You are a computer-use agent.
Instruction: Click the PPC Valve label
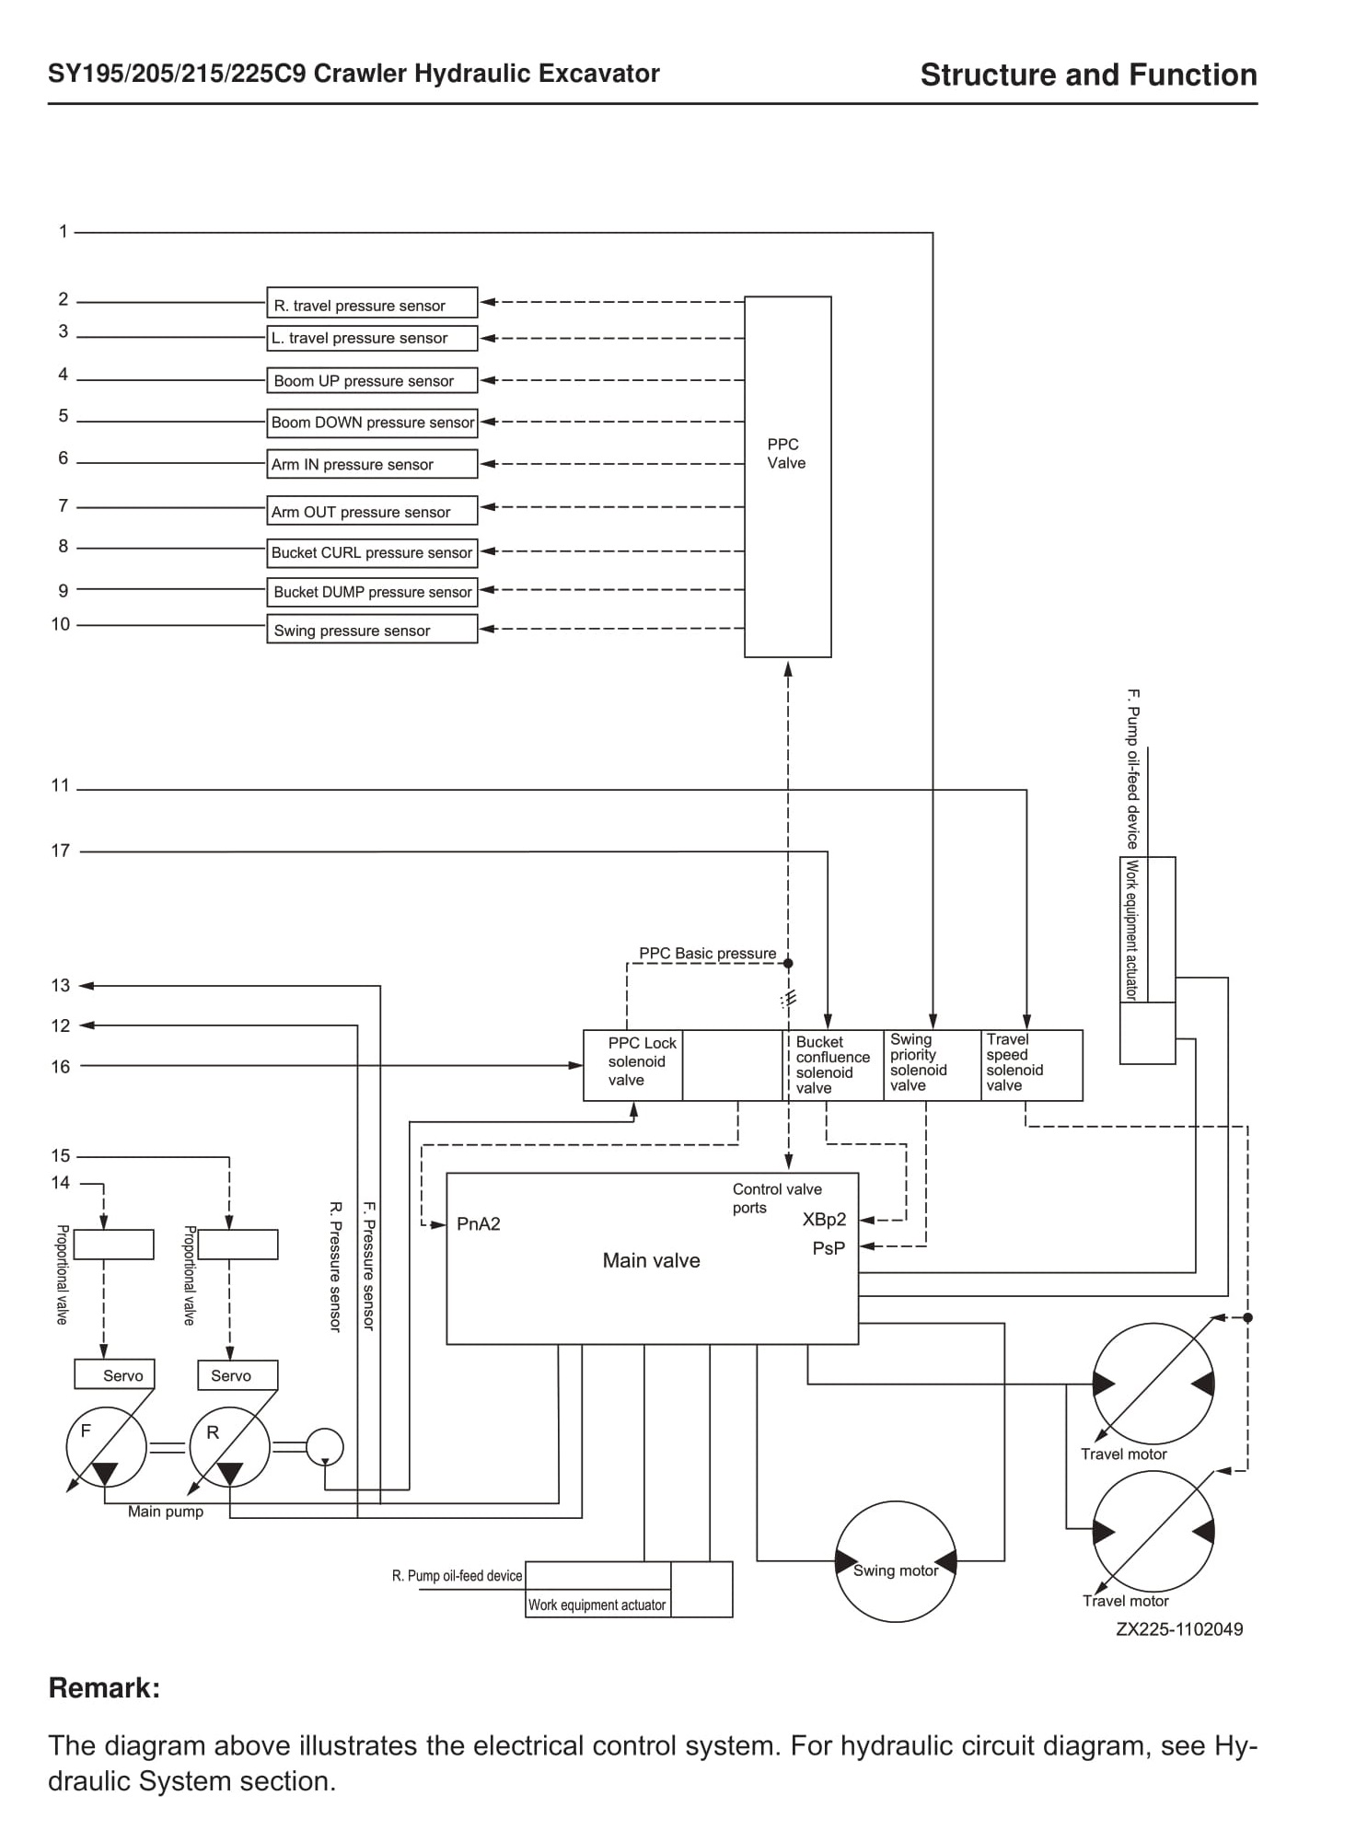pyautogui.click(x=786, y=454)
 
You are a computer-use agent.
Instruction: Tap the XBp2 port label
pyautogui.click(x=824, y=1220)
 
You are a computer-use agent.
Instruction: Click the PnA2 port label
pyautogui.click(x=479, y=1223)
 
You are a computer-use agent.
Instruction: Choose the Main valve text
pyautogui.click(x=651, y=1260)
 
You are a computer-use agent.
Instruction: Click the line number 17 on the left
pyautogui.click(x=61, y=851)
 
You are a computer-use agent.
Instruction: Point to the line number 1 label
pyautogui.click(x=64, y=231)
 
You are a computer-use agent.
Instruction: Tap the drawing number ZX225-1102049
pyautogui.click(x=1179, y=1628)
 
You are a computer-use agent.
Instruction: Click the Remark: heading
pyautogui.click(x=104, y=1687)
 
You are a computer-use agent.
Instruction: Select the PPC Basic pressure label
pyautogui.click(x=708, y=953)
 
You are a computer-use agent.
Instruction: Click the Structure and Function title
pyautogui.click(x=1089, y=75)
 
